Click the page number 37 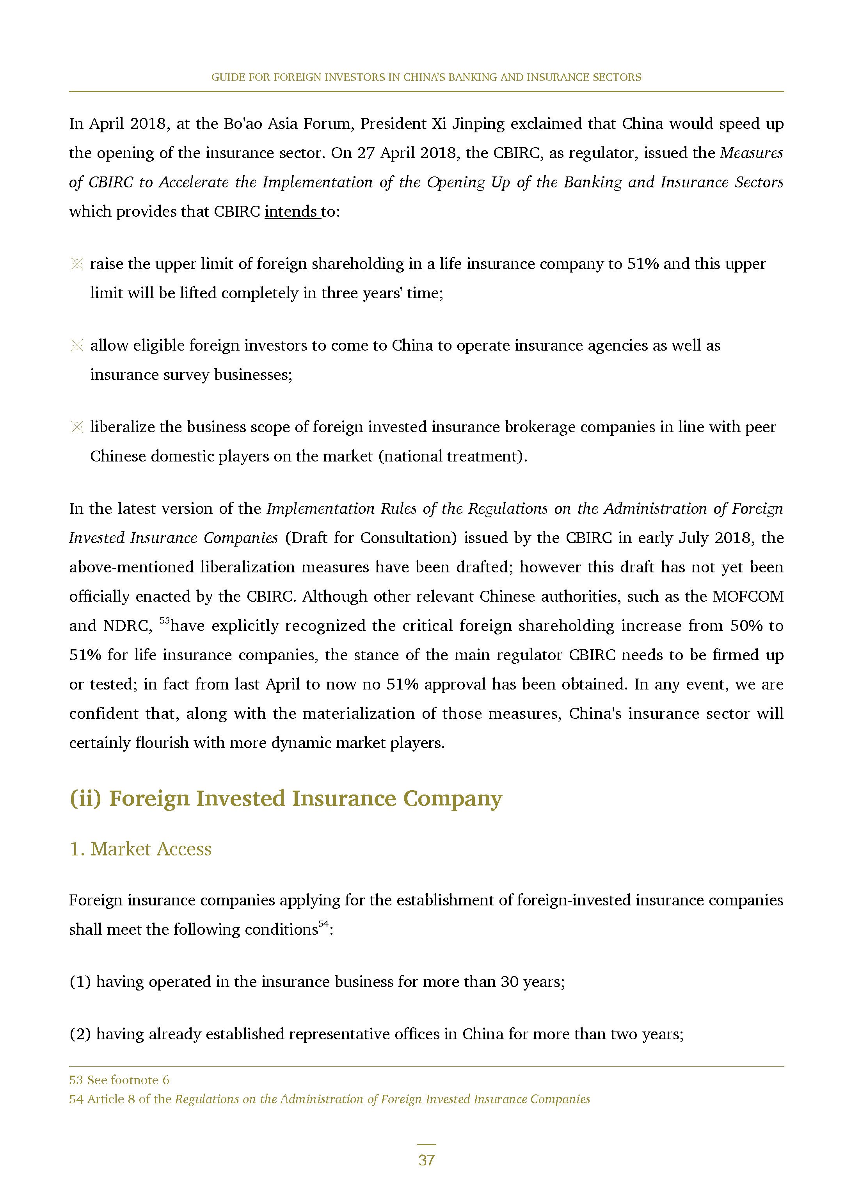click(x=426, y=1160)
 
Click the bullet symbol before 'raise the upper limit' click(x=77, y=264)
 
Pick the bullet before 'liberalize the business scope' click(x=77, y=427)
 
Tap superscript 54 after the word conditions click(x=323, y=924)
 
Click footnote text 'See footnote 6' click(x=128, y=1080)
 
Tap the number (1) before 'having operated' click(x=80, y=982)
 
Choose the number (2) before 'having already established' click(x=80, y=1034)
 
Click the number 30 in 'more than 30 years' click(x=510, y=982)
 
